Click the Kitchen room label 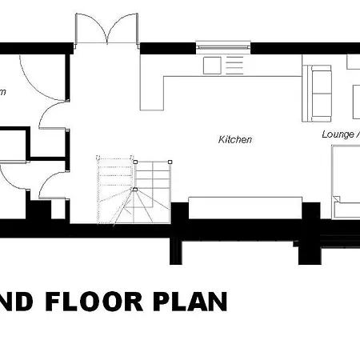coord(235,140)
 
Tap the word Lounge coord(337,134)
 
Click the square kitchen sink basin coord(212,65)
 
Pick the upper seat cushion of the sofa coord(323,79)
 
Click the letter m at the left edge coord(2,92)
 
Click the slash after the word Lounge coord(358,134)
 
